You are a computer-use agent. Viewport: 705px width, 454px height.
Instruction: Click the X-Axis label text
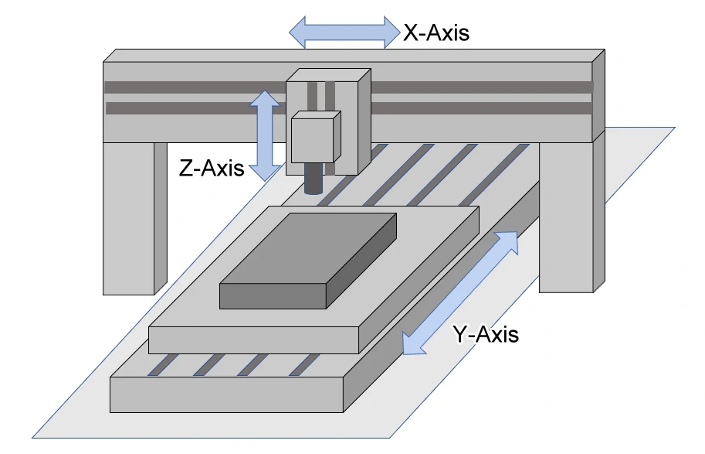(436, 32)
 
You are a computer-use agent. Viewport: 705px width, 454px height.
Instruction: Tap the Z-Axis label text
(212, 168)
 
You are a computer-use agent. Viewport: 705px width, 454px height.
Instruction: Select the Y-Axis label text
(486, 335)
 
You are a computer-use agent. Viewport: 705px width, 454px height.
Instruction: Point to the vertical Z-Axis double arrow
(265, 135)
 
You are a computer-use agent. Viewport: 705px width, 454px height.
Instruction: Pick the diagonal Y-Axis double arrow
(460, 292)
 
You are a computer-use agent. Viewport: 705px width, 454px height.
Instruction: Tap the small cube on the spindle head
(315, 137)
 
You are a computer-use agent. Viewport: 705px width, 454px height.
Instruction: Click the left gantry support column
(129, 217)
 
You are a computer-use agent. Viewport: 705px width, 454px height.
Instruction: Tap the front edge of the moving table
(253, 339)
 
